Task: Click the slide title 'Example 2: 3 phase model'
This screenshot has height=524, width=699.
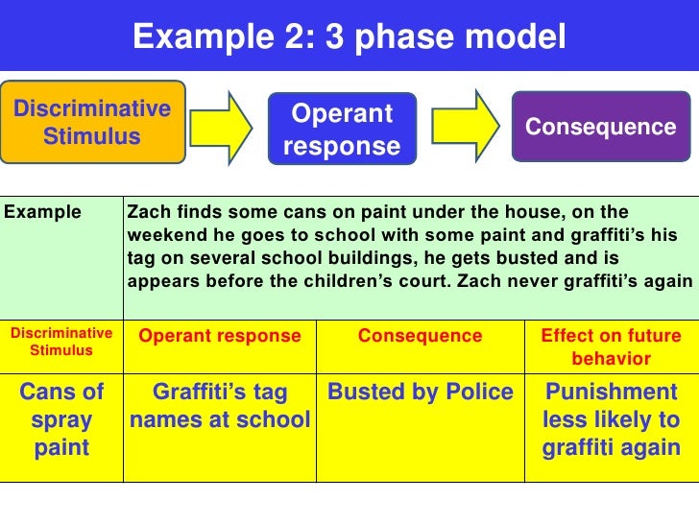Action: click(x=349, y=37)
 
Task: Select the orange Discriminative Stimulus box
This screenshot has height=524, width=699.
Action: click(x=92, y=122)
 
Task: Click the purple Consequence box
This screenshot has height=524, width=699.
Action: click(x=600, y=127)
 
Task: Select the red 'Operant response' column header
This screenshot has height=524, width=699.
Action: click(x=220, y=336)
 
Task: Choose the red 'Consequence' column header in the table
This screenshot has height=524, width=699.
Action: click(x=420, y=336)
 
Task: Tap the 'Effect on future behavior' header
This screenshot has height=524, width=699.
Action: click(x=611, y=347)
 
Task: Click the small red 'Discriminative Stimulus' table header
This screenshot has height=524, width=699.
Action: click(x=61, y=342)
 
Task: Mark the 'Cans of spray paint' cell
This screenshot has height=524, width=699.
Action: click(x=61, y=419)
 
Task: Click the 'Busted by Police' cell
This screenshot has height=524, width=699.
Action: click(x=421, y=393)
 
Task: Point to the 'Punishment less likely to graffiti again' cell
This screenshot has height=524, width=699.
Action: click(x=611, y=419)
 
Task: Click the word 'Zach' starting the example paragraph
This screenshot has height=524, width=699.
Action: click(x=146, y=212)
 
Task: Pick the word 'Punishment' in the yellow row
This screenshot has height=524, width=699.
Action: click(x=611, y=393)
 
